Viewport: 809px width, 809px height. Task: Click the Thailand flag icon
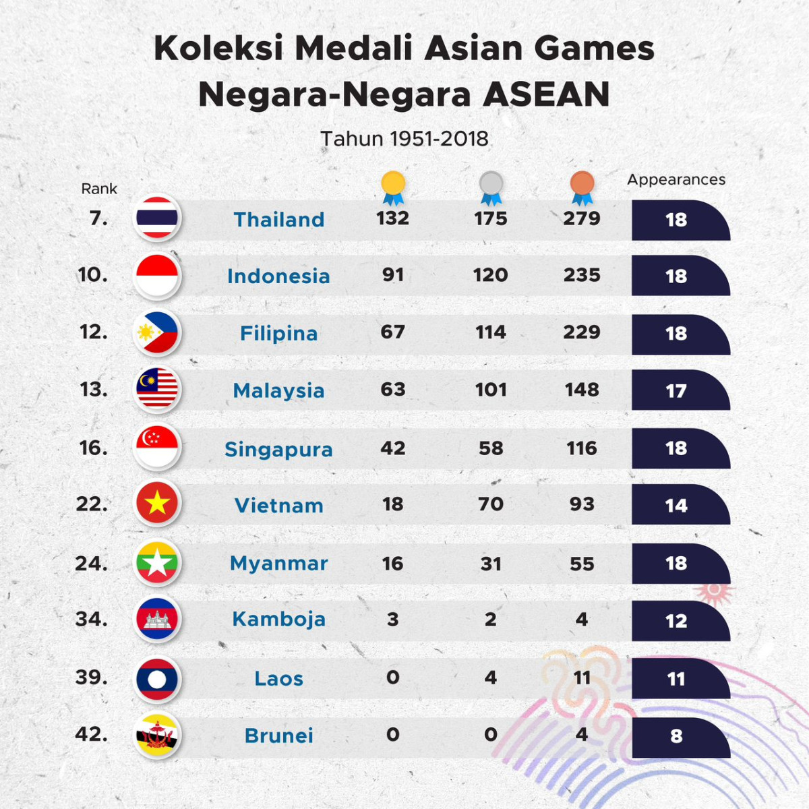coord(157,218)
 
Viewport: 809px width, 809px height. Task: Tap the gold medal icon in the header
coord(393,187)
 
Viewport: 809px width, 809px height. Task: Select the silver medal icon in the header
coord(491,187)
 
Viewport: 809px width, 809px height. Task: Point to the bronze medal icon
coord(582,187)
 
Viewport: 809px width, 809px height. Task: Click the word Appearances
coord(676,180)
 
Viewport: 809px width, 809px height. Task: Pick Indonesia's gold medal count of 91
coord(393,275)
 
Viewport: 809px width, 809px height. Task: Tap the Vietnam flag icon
coord(157,503)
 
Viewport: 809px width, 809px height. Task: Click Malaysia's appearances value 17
coord(676,390)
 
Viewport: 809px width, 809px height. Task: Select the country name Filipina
coord(278,333)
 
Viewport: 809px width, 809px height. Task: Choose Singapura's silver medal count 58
coord(491,448)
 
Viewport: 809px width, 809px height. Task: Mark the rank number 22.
coord(92,504)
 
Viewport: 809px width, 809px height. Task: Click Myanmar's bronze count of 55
coord(582,564)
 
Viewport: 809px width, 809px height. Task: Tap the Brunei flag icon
coord(157,735)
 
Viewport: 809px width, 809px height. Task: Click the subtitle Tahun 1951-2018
coord(404,139)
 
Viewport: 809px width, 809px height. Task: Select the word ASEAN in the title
coord(546,94)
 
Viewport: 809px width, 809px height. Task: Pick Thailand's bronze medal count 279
coord(582,218)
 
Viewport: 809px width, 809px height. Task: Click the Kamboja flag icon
coord(157,618)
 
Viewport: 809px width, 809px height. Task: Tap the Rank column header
coord(99,189)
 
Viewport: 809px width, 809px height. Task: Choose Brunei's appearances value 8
coord(676,736)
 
